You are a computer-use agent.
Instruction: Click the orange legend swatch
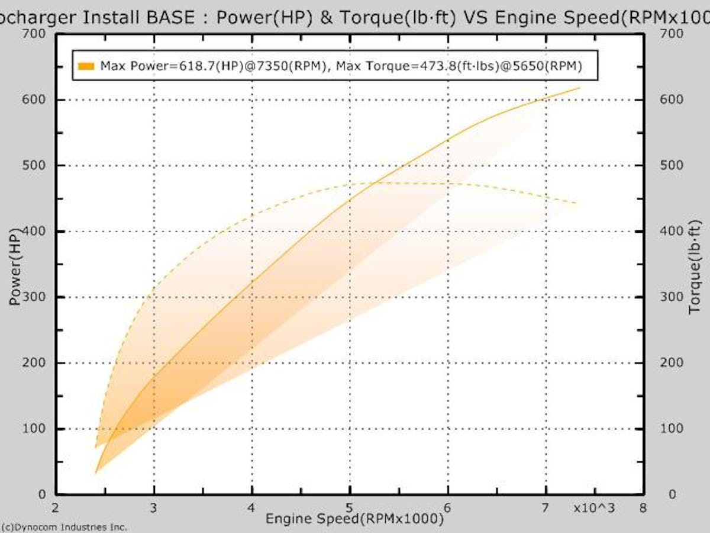[x=86, y=66]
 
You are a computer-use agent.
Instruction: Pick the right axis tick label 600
[x=672, y=99]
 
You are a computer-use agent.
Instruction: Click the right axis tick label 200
[x=672, y=362]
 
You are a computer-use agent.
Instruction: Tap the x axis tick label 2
[x=56, y=509]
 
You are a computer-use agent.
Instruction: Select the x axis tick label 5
[x=350, y=509]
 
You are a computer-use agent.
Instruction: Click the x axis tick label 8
[x=643, y=509]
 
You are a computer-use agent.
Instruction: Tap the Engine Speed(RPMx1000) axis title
[x=354, y=519]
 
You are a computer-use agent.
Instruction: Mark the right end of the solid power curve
[x=579, y=88]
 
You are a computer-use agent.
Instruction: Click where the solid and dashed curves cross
[x=375, y=182]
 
